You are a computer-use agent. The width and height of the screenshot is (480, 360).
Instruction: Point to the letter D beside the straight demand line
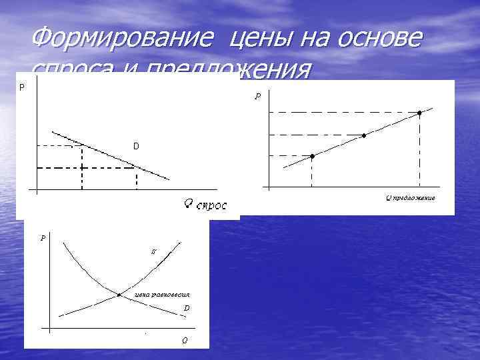click(x=135, y=146)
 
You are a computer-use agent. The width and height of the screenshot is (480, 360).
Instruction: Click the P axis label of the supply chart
click(x=257, y=97)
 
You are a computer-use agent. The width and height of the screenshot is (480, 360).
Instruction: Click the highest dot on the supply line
click(x=419, y=113)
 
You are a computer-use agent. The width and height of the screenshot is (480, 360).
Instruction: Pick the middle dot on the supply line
click(x=364, y=135)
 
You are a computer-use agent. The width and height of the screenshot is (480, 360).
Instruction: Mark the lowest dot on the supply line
click(x=312, y=155)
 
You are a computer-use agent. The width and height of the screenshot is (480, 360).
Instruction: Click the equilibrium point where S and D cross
click(x=119, y=294)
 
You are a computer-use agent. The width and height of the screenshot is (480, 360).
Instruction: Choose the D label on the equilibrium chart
click(x=187, y=308)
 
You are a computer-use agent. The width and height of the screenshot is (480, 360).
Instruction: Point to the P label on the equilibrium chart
click(x=43, y=237)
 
